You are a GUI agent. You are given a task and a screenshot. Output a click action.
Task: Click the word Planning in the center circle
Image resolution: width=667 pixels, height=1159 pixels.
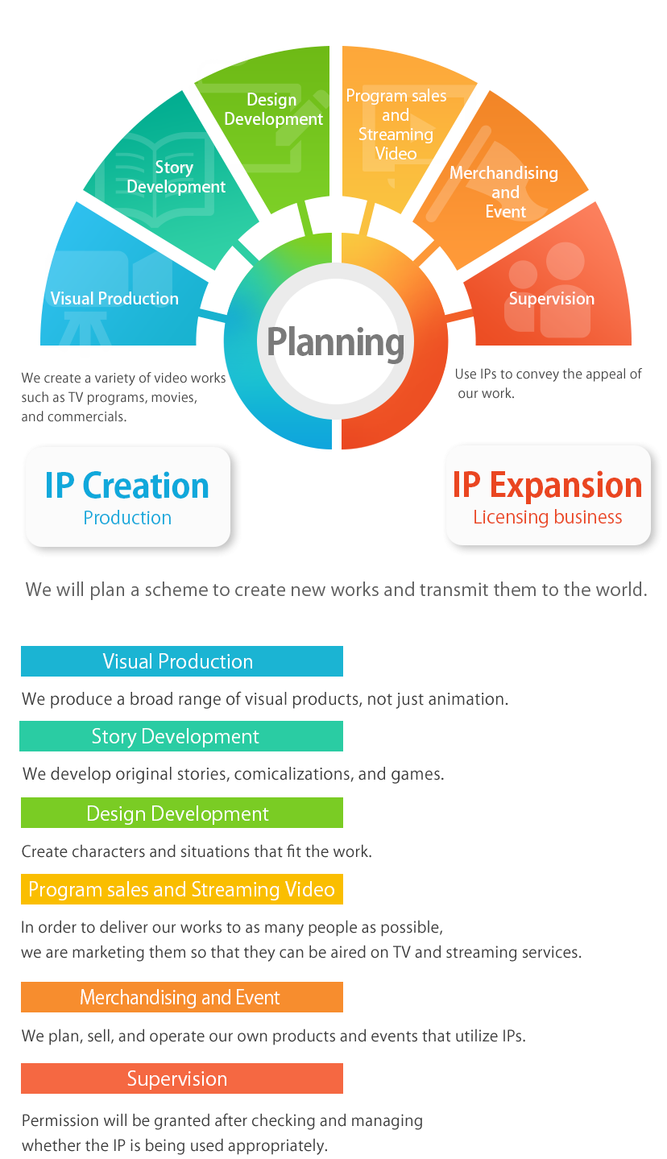click(x=335, y=342)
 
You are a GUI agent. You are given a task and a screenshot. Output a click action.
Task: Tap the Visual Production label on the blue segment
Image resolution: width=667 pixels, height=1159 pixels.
click(x=114, y=299)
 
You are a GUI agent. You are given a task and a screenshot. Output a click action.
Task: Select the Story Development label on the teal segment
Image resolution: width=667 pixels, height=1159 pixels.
click(x=176, y=177)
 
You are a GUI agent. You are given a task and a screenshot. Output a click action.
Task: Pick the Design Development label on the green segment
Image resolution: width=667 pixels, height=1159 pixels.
click(x=273, y=110)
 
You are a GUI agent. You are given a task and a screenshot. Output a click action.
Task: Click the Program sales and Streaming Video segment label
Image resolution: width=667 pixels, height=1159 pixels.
click(x=396, y=125)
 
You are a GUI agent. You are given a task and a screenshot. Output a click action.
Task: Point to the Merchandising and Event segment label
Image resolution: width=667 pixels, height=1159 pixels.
click(x=504, y=192)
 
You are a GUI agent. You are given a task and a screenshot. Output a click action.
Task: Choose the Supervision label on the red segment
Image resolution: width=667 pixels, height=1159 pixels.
click(x=552, y=299)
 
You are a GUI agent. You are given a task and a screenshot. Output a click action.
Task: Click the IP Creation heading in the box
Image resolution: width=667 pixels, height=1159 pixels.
click(x=127, y=486)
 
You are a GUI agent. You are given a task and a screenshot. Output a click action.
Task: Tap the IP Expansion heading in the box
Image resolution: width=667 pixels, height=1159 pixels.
click(x=548, y=486)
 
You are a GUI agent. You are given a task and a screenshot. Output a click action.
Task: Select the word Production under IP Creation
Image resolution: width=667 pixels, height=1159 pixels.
click(x=127, y=518)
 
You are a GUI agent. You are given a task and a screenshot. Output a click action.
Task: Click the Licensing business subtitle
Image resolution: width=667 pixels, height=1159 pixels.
click(x=548, y=517)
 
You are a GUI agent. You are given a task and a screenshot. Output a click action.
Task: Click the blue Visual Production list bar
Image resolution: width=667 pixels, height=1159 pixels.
click(x=182, y=661)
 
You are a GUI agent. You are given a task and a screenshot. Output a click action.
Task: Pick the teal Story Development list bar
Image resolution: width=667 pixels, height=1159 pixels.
click(x=182, y=737)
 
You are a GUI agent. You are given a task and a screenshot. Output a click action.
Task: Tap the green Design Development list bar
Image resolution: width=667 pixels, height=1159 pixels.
click(x=182, y=813)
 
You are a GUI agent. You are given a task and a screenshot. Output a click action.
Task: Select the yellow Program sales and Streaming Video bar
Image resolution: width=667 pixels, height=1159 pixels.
click(x=182, y=889)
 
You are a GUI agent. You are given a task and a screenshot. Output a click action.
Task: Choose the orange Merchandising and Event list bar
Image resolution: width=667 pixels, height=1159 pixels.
click(x=182, y=998)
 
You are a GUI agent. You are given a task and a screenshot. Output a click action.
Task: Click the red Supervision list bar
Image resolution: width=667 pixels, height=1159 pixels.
click(x=182, y=1079)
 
